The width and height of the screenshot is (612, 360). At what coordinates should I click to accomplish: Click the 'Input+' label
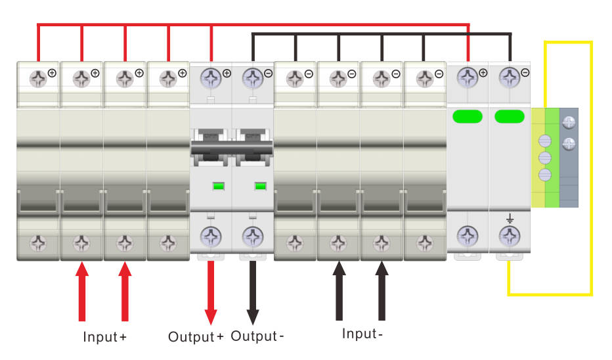104,336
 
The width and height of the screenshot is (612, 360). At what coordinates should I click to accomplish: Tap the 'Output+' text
196,336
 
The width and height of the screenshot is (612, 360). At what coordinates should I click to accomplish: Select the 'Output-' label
257,336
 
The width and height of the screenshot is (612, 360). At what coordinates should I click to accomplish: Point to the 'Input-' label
362,334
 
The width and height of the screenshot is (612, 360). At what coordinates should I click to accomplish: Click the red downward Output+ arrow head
211,317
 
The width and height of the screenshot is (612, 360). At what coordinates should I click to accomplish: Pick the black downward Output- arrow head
253,317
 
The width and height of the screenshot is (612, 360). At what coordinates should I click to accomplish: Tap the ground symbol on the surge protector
510,219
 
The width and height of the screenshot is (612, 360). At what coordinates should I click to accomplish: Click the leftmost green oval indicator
468,116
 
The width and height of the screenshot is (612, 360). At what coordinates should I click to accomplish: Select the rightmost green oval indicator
510,116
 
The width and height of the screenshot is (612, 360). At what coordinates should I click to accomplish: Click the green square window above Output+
218,187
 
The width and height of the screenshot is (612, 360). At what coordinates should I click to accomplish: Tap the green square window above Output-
260,187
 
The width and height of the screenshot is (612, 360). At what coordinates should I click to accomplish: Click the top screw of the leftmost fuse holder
38,79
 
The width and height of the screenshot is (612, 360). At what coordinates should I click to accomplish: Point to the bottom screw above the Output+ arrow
211,236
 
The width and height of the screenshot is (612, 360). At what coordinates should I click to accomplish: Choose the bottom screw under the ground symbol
510,236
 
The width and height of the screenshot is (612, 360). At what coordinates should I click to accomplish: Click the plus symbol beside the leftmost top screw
52,73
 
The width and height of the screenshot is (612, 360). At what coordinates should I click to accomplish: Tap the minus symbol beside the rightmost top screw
525,73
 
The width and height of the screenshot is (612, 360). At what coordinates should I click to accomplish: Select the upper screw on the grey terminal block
569,123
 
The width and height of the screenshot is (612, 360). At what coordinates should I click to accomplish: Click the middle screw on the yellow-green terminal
545,158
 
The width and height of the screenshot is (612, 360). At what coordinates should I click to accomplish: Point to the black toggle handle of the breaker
232,148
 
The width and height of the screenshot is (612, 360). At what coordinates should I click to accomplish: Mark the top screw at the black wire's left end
253,78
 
